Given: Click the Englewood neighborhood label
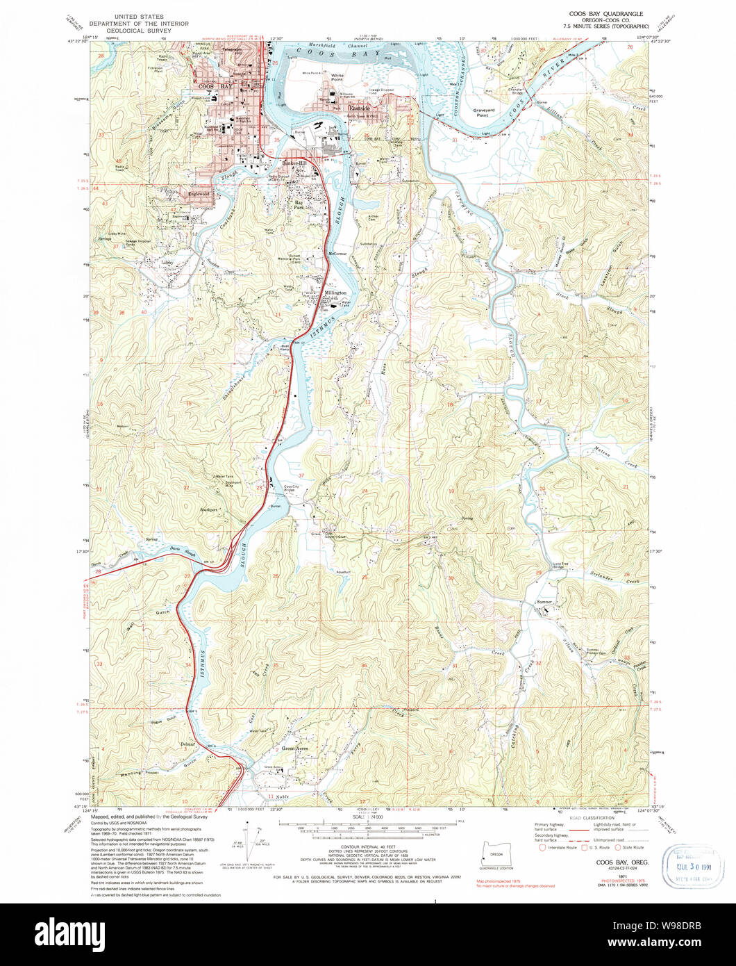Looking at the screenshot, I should (197, 194).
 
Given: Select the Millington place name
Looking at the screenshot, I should (335, 293).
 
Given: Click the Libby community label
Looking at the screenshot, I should (167, 263).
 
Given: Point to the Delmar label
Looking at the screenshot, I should (187, 744).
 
